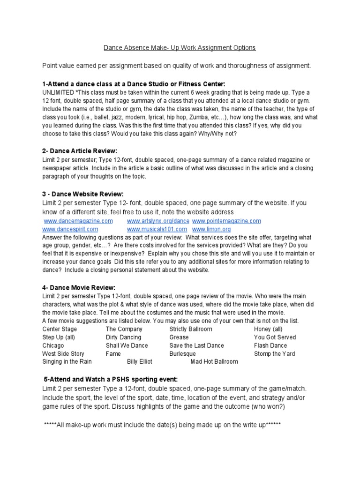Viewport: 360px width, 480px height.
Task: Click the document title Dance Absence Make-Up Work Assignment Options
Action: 180,48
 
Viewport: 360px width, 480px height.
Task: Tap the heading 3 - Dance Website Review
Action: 83,194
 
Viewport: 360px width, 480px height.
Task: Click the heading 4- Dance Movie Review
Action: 78,287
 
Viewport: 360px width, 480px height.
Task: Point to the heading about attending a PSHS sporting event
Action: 111,379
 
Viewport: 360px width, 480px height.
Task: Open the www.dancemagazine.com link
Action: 78,221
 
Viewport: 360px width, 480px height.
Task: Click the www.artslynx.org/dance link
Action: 158,221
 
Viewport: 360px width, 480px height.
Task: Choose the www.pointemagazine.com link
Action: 226,221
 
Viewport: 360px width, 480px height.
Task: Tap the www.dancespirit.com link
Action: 70,229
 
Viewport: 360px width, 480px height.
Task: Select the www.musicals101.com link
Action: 157,229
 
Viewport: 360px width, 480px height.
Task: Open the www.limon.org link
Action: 211,229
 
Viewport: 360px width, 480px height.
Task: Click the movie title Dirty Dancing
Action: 123,337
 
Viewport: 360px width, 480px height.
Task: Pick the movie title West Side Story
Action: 63,354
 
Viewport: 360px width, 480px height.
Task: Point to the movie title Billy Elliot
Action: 140,362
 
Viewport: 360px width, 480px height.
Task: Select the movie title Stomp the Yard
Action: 274,354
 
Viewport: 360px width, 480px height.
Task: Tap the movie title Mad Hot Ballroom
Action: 214,362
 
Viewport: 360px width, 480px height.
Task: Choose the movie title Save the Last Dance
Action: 196,345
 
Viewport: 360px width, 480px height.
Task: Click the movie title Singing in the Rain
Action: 67,362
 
